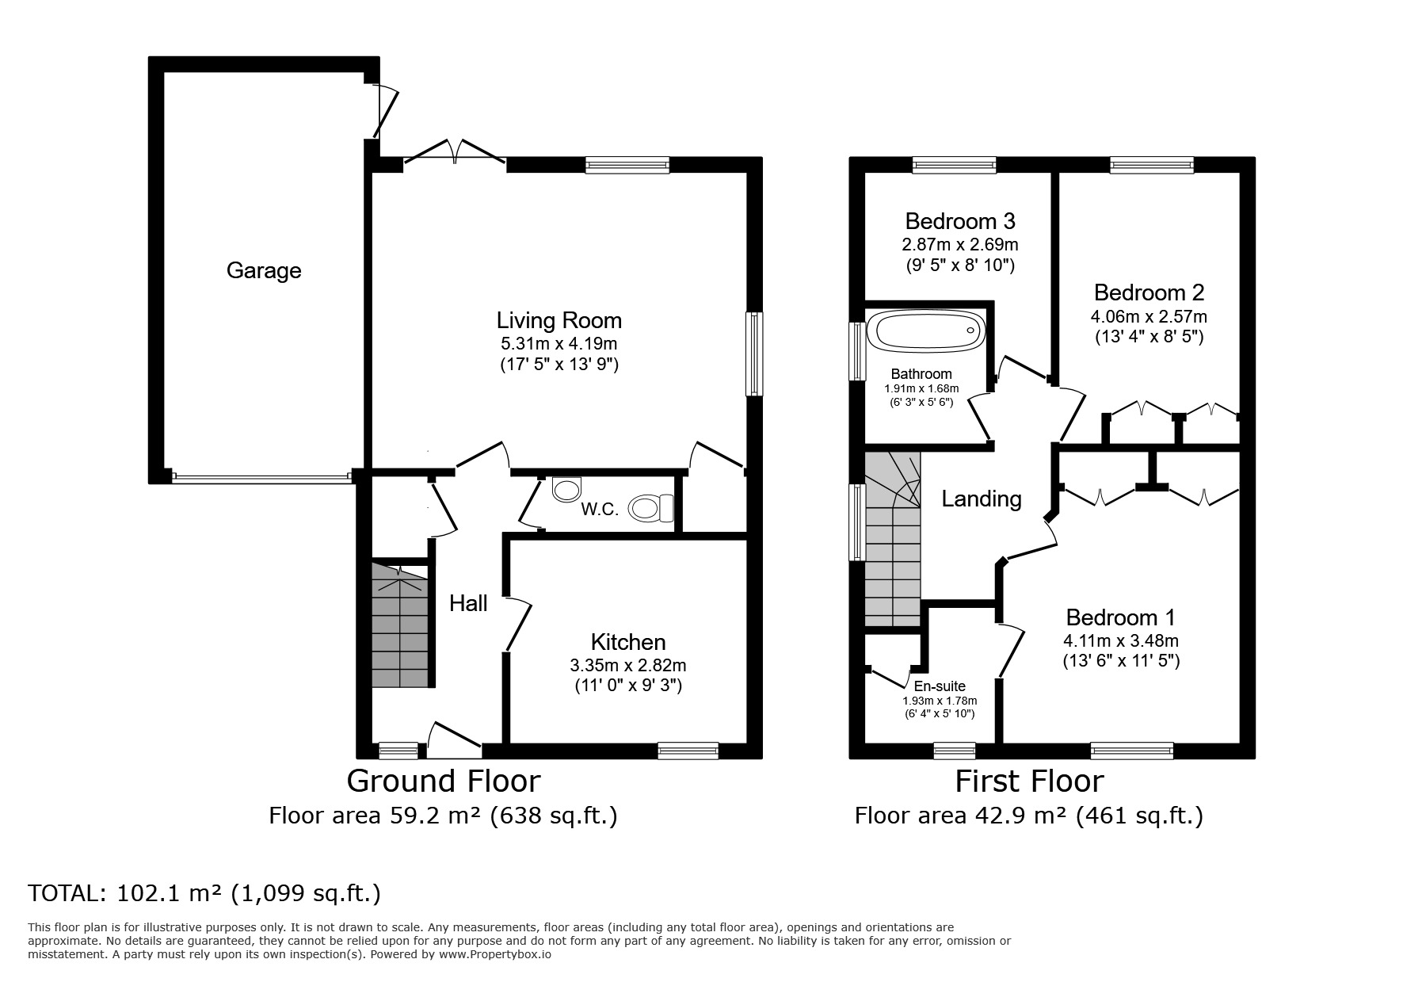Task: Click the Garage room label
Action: click(x=264, y=271)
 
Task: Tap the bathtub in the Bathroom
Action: click(x=926, y=331)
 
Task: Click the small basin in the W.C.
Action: click(x=566, y=489)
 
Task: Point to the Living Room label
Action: click(x=559, y=321)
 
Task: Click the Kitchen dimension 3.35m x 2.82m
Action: click(x=628, y=665)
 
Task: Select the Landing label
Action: click(x=981, y=499)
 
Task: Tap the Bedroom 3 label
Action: click(x=959, y=220)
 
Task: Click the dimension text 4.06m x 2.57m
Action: click(x=1149, y=316)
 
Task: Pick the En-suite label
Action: click(x=940, y=686)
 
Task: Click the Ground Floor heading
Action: click(x=444, y=781)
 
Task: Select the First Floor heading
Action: click(x=1028, y=781)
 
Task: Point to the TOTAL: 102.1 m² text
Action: click(x=204, y=894)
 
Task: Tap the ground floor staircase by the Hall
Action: click(x=400, y=626)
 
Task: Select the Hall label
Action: click(x=468, y=604)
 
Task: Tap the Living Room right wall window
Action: click(x=754, y=353)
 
